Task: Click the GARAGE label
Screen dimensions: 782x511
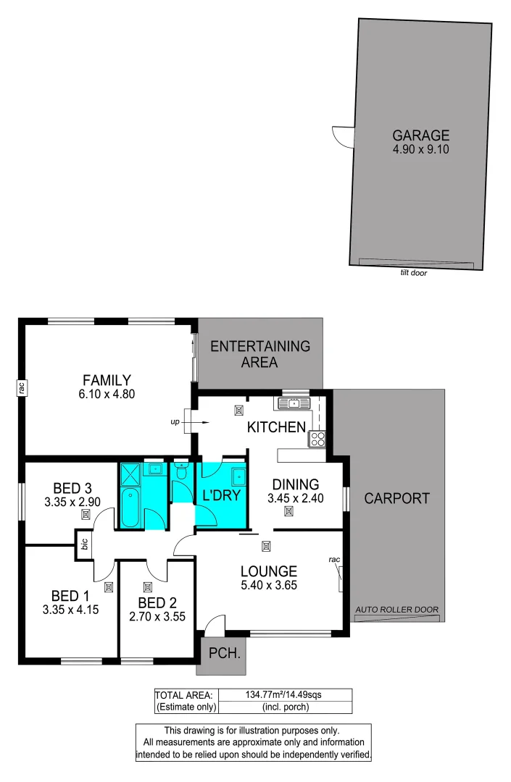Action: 420,135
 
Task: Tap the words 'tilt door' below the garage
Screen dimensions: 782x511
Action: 413,273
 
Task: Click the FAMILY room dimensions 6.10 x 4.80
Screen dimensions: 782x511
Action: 107,395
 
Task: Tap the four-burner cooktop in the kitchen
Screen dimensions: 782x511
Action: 317,438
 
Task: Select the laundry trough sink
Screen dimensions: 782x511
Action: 236,476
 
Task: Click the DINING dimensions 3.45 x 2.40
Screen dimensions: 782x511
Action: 293,498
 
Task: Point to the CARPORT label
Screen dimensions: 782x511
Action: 396,498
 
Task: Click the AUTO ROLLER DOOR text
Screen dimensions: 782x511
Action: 396,610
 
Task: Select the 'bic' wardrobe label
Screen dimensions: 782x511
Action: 85,545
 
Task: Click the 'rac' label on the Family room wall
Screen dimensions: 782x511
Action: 22,389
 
